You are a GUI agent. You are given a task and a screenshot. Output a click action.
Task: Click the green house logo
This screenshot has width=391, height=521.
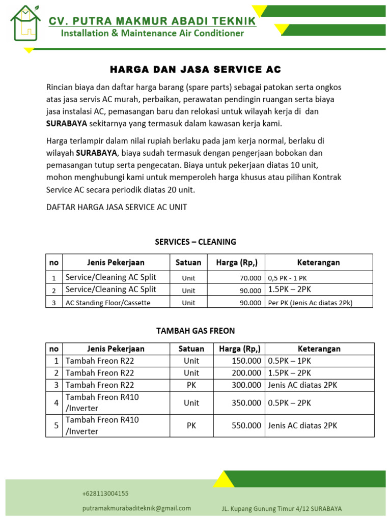tap(25, 24)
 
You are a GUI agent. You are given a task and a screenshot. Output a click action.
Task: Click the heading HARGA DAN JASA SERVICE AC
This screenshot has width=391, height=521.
tap(196, 69)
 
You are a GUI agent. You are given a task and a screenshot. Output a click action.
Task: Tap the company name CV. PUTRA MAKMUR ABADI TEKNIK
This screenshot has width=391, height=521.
tap(152, 21)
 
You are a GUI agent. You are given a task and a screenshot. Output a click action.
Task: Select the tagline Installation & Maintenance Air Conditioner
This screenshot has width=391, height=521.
tap(152, 34)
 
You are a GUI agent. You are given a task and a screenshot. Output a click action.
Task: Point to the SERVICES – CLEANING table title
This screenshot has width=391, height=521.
tap(195, 242)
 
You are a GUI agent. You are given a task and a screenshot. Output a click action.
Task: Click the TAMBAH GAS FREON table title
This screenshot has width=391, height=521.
tap(195, 331)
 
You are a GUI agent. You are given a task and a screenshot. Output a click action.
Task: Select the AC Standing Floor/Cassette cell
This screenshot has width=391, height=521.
tap(108, 303)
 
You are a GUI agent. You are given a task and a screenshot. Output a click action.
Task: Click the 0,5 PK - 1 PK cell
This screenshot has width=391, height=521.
tap(287, 278)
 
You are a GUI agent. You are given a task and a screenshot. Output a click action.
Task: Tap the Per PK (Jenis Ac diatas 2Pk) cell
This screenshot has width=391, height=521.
tap(310, 303)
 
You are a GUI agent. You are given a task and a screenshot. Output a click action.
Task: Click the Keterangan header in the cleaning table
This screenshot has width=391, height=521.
tap(318, 263)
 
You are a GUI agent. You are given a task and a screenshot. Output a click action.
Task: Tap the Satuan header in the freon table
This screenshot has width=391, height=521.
tap(191, 349)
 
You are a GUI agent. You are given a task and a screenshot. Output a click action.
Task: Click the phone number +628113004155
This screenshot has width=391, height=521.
tap(105, 494)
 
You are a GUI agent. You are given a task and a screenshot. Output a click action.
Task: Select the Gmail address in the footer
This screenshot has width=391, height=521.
tap(136, 508)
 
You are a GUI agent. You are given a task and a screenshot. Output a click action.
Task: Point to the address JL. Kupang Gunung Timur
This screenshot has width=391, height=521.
tap(282, 509)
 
